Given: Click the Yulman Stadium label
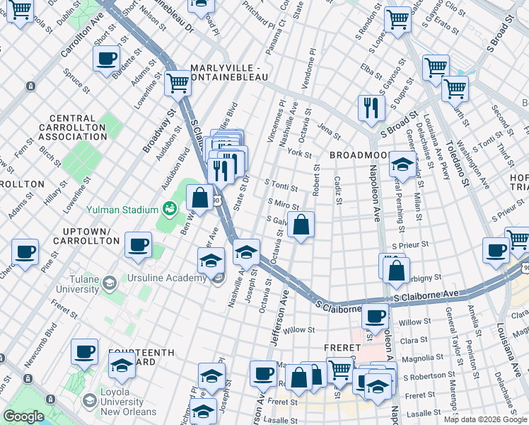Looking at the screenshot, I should click(x=122, y=210).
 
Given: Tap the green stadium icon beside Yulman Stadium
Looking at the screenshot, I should click(x=169, y=209).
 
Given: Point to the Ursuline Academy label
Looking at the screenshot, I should click(x=166, y=277).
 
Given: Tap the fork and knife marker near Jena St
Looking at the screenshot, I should click(x=371, y=108).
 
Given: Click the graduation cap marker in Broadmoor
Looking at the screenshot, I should click(x=402, y=165).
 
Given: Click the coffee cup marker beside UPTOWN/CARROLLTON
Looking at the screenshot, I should click(x=138, y=245).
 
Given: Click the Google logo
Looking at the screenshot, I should click(x=23, y=416).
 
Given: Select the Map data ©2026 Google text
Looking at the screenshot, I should click(x=484, y=419).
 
